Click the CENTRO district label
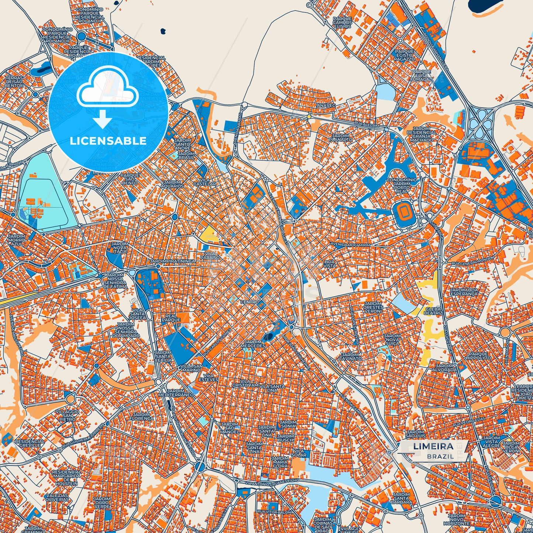click(250, 302)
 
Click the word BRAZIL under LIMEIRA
click(440, 456)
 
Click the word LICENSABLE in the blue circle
click(108, 141)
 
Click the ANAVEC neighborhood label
click(326, 105)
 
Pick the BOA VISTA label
click(330, 263)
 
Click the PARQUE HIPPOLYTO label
click(478, 356)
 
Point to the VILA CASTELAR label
click(205, 182)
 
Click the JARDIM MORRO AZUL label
click(17, 240)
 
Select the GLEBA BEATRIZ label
click(433, 311)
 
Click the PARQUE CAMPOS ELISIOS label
click(342, 23)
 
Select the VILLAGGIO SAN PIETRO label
click(67, 415)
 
